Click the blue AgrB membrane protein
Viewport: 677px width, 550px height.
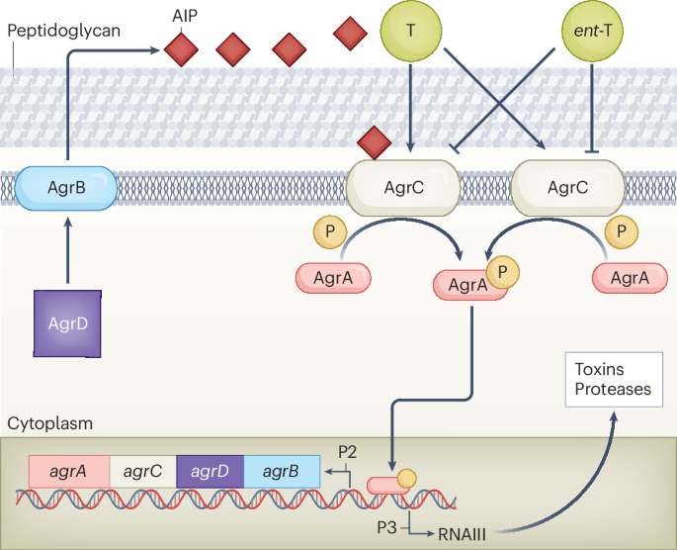point(68,186)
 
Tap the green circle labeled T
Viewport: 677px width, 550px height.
point(410,31)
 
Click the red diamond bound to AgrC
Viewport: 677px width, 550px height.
point(375,143)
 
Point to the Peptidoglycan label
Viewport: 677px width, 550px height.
point(64,31)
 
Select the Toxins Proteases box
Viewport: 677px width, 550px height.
point(613,379)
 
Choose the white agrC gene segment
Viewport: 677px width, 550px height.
point(141,472)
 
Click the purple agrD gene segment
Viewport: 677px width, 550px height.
point(211,472)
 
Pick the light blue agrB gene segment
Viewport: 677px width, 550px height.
point(282,472)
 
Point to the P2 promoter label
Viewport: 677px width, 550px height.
point(348,451)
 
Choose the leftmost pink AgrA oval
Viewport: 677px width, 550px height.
point(334,278)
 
